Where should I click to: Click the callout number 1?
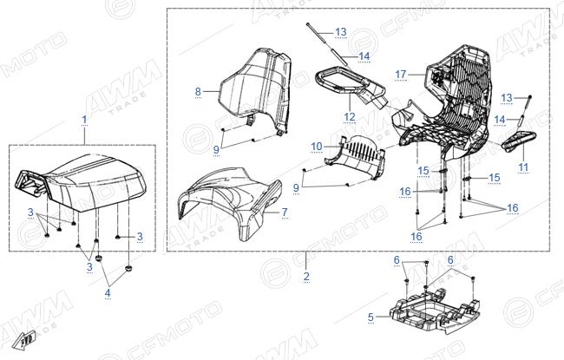[84, 119]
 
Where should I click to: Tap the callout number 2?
[306, 276]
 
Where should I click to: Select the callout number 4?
[108, 293]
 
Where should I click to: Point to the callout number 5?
[371, 317]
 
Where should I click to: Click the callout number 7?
[285, 213]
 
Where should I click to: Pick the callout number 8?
[198, 91]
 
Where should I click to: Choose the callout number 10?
[317, 147]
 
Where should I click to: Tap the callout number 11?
[523, 167]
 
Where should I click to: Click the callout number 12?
[350, 117]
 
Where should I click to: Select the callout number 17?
[401, 75]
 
